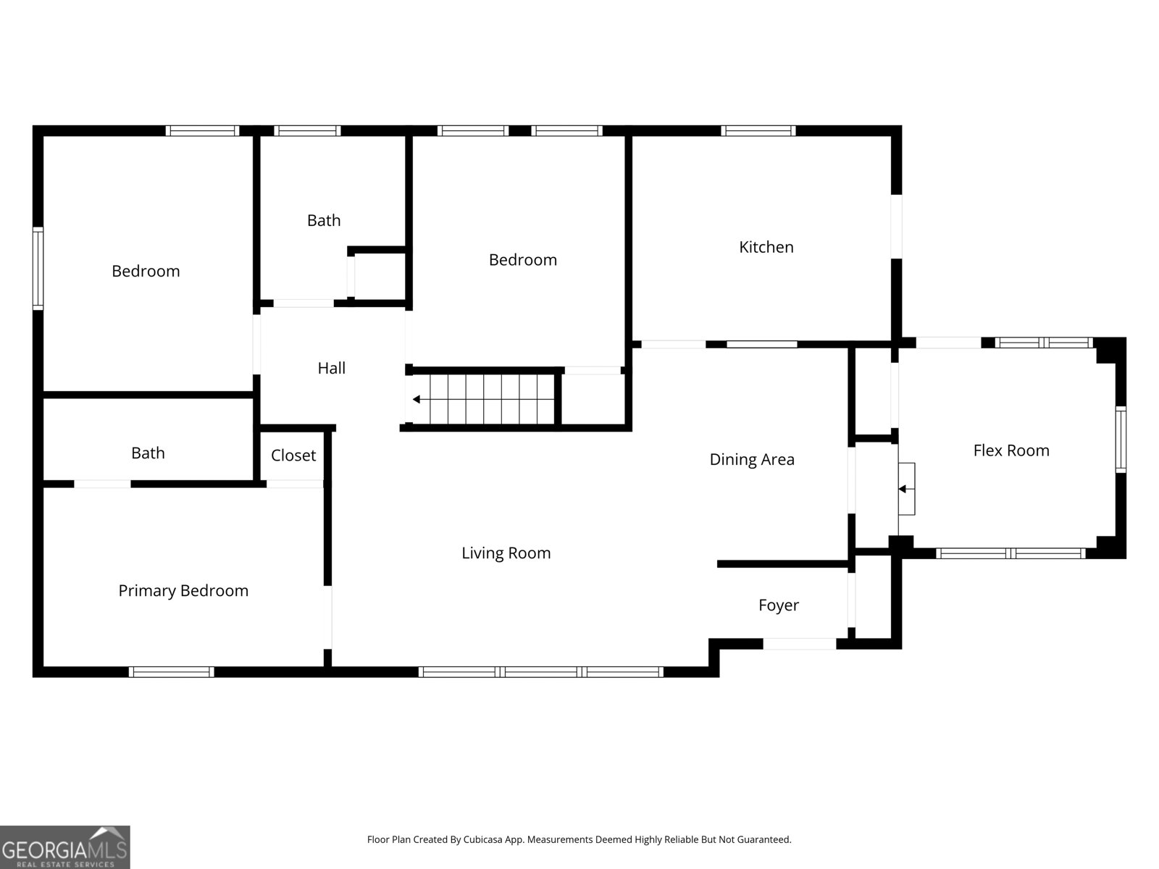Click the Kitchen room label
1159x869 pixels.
[766, 247]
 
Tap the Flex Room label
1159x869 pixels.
[1011, 450]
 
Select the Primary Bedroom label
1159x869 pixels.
[183, 591]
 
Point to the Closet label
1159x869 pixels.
[293, 456]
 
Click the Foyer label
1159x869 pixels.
[778, 605]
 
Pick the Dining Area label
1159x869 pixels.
[751, 459]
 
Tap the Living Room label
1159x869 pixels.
[506, 553]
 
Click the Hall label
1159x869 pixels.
[331, 368]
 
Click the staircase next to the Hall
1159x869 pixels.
[493, 399]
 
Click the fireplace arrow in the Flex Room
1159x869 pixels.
[903, 489]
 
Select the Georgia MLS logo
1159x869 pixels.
[65, 847]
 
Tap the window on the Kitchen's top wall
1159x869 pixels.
[758, 131]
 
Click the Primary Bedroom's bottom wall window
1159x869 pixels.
[172, 672]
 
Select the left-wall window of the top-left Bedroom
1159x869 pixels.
[38, 269]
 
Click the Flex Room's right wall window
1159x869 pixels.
[1121, 439]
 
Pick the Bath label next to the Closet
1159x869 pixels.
[148, 453]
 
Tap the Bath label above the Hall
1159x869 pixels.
[323, 220]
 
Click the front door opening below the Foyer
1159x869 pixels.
[800, 644]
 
